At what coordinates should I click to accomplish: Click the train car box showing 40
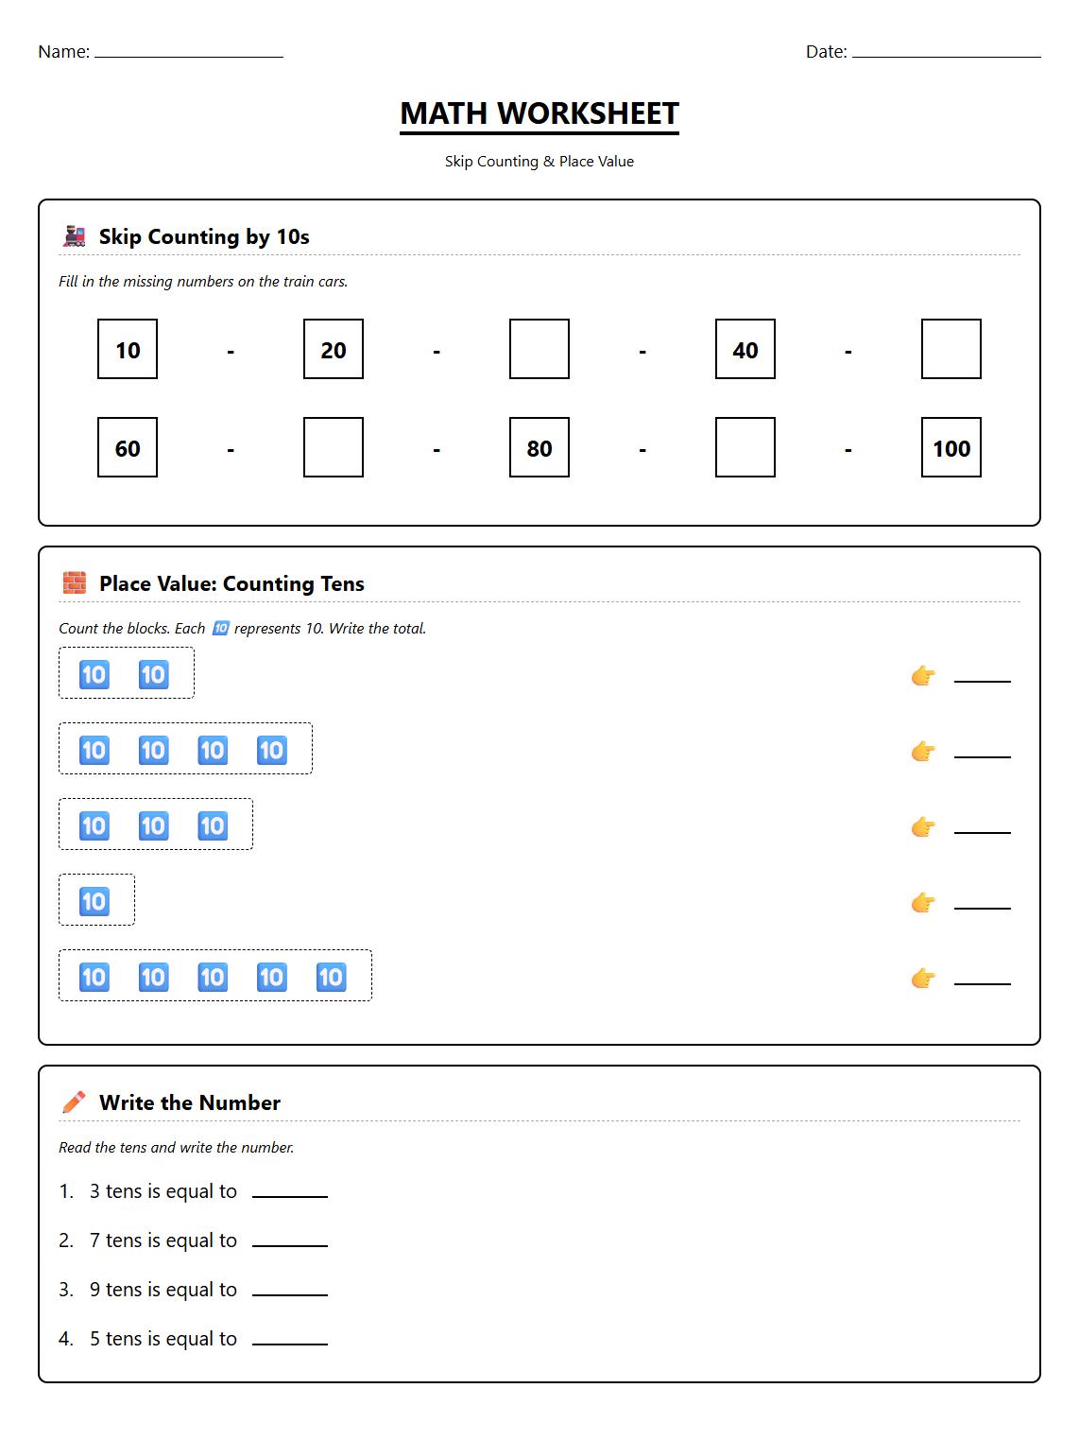[745, 349]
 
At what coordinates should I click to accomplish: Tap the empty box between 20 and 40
[539, 349]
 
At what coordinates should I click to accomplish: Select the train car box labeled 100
[951, 447]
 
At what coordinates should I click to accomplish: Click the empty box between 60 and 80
[333, 447]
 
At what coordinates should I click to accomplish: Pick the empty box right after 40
[951, 349]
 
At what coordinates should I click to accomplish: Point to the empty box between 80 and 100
[745, 447]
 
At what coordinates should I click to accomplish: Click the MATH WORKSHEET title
[539, 113]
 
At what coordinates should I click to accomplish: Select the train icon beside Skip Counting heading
[74, 236]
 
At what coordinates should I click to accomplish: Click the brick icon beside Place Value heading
[74, 583]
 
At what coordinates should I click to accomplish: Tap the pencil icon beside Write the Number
[74, 1102]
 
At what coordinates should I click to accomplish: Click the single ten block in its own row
[94, 901]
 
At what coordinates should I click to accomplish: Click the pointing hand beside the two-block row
[923, 676]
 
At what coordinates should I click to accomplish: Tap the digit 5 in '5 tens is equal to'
[94, 1339]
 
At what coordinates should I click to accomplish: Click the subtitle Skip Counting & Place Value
[539, 162]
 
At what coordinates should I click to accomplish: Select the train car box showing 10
[128, 349]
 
